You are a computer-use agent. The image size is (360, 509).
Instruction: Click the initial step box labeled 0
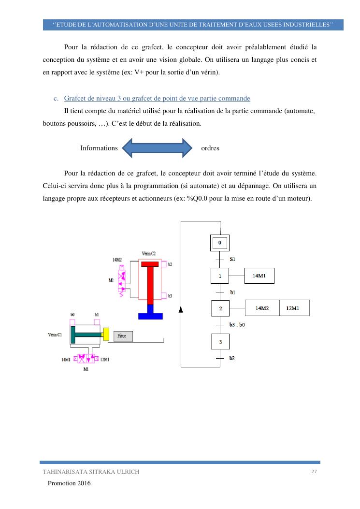point(220,243)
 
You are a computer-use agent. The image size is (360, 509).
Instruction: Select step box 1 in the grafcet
point(220,276)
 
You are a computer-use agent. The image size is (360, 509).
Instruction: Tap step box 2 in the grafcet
point(220,308)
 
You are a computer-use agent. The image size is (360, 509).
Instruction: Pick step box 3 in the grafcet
point(220,342)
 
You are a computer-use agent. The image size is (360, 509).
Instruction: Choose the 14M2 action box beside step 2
point(262,308)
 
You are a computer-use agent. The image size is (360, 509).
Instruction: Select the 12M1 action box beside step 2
point(294,308)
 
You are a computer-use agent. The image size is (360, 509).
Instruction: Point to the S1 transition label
point(232,260)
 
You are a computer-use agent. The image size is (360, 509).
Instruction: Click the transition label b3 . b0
point(237,325)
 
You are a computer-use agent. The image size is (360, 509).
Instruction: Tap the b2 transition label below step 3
point(232,358)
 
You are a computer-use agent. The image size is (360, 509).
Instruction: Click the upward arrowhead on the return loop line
point(181,309)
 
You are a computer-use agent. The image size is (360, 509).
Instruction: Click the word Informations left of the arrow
point(99,148)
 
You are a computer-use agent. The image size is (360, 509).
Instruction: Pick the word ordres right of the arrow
point(210,148)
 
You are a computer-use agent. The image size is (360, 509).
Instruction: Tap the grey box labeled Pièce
point(123,336)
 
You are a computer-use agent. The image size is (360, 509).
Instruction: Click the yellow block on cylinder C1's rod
point(106,334)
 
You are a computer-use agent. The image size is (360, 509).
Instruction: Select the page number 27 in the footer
point(314,472)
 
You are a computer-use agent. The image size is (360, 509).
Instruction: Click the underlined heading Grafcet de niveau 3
point(157,99)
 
